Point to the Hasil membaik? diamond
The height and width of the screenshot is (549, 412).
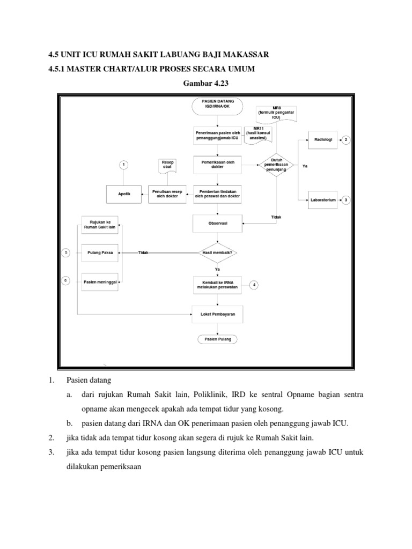tap(217, 252)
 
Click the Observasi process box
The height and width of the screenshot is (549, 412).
tap(217, 225)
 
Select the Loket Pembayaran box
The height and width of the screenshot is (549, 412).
tap(217, 314)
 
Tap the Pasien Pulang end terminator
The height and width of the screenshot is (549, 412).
tap(217, 339)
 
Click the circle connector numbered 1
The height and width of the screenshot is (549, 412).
tap(124, 165)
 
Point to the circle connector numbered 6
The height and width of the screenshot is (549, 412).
tap(66, 280)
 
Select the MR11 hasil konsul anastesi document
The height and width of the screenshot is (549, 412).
tap(258, 134)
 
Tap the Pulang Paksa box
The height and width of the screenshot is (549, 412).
tap(99, 252)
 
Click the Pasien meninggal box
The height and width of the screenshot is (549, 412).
tap(99, 281)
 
